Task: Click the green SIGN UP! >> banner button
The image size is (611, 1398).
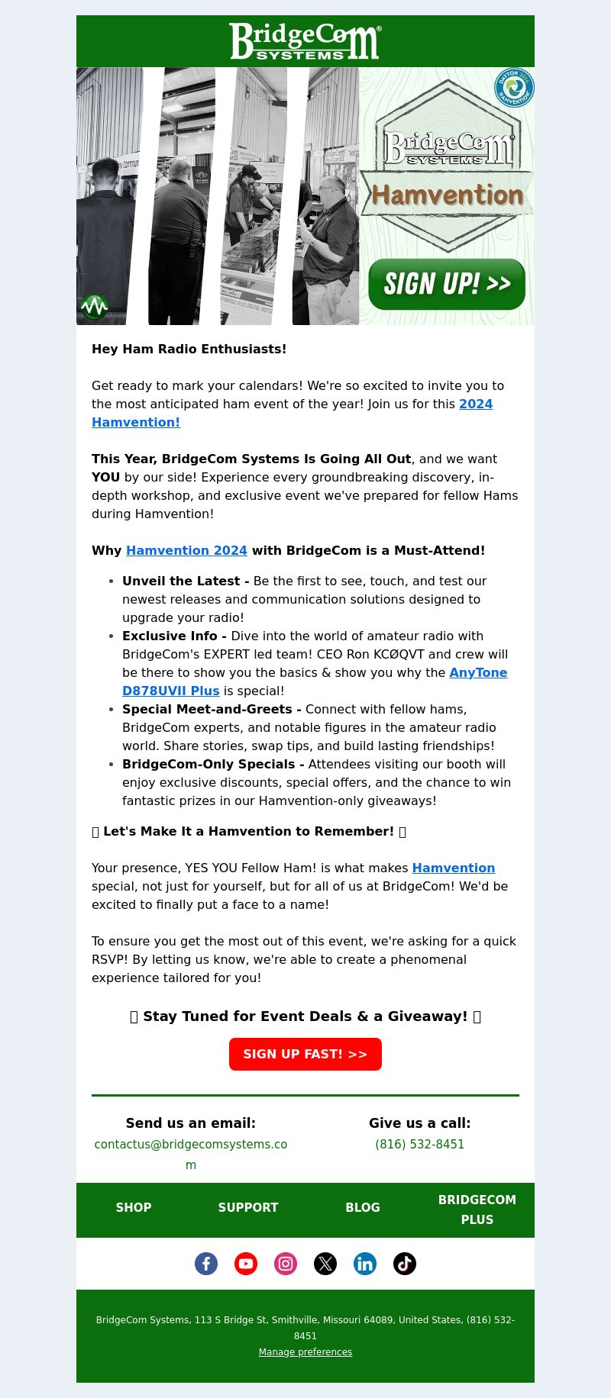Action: pos(447,284)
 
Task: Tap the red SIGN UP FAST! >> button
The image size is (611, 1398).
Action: pos(305,1054)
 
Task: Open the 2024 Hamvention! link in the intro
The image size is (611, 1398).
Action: pos(475,404)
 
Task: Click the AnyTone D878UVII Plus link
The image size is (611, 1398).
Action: pos(477,673)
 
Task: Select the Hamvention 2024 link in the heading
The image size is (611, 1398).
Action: pos(186,551)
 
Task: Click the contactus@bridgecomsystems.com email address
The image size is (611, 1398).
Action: pos(191,1145)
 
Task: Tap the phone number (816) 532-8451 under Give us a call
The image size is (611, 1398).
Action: pos(419,1145)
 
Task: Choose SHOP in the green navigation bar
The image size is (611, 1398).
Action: pos(134,1207)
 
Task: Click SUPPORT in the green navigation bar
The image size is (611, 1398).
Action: pos(248,1207)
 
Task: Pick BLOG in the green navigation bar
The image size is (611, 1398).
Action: pos(363,1207)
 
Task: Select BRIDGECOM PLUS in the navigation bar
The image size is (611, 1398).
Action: pos(477,1210)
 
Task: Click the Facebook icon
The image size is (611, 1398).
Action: pos(206,1264)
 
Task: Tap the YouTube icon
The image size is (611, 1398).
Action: pos(246,1264)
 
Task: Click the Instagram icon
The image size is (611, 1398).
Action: pos(286,1264)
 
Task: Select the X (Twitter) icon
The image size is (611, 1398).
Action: pos(325,1264)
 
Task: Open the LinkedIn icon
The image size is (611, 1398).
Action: pos(365,1264)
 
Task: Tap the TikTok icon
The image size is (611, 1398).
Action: pos(405,1264)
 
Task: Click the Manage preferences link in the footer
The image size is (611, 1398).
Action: pos(305,1352)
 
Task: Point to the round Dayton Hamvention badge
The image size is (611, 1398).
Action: pos(514,88)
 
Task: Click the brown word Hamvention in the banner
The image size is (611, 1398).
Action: pos(447,195)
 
